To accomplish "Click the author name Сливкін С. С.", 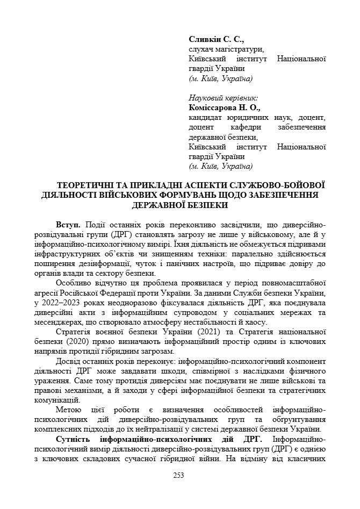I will (x=217, y=39).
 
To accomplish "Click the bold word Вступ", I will (x=68, y=224).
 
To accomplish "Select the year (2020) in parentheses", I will (x=80, y=341).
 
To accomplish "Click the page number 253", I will (x=179, y=475).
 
